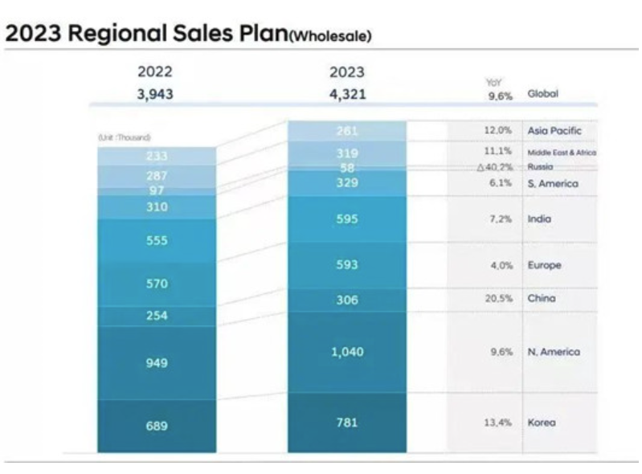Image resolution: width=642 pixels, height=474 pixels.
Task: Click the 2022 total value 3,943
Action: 155,94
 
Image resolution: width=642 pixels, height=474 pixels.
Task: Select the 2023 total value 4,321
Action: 346,94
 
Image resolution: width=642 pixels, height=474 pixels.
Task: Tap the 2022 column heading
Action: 155,72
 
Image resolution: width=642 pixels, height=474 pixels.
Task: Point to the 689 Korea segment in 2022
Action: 157,426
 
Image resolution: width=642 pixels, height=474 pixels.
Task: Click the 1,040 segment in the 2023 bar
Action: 347,352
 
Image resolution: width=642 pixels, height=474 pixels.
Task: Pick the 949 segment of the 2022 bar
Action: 157,363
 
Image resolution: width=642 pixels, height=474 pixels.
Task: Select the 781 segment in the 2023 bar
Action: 347,423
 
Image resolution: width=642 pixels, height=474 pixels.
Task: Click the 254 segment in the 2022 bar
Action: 157,316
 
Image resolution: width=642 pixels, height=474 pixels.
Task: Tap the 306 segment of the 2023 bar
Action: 347,300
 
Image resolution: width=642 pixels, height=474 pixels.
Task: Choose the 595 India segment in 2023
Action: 347,219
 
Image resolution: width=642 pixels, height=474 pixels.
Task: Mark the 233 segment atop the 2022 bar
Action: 157,157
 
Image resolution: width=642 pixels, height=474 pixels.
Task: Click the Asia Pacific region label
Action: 554,130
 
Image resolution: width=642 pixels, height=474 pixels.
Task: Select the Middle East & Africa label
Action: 562,153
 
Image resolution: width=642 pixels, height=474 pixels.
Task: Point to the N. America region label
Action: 554,352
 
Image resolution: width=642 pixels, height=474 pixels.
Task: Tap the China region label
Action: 542,299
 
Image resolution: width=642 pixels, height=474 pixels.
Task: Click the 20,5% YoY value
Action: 499,299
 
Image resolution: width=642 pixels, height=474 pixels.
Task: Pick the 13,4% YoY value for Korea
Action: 499,423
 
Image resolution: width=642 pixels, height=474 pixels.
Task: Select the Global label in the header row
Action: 542,94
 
